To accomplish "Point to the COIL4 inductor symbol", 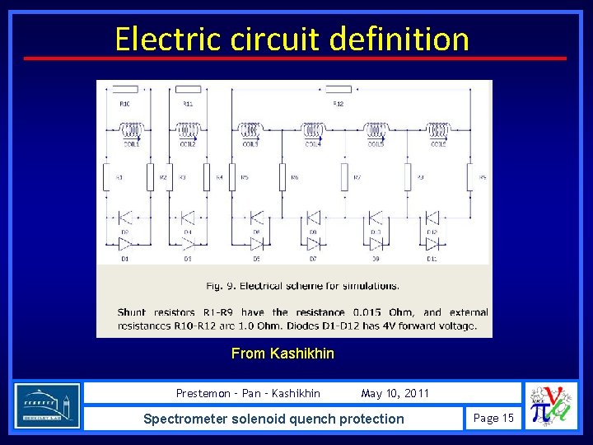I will pyautogui.click(x=313, y=130).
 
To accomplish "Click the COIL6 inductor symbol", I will pyautogui.click(x=437, y=130).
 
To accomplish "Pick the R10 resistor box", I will pyautogui.click(x=125, y=89).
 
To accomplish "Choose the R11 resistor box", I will pyautogui.click(x=189, y=89).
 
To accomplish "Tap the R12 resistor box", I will pyautogui.click(x=339, y=89).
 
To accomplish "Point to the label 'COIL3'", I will pyautogui.click(x=250, y=145).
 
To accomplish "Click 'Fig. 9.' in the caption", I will pyautogui.click(x=219, y=286).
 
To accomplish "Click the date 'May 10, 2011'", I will pyautogui.click(x=395, y=393).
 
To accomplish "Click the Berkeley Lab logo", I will pyautogui.click(x=47, y=405).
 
